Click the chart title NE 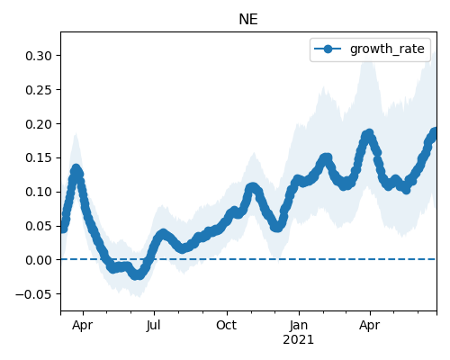coord(248,20)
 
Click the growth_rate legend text coord(387,49)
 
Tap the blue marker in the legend coord(328,49)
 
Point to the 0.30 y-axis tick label coord(39,56)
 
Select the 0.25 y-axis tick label coord(39,90)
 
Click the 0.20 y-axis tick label coord(39,124)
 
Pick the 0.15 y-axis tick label coord(39,157)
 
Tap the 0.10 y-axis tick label coord(39,192)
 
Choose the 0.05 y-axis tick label coord(39,226)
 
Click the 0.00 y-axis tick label coord(39,260)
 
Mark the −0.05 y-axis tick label coord(33,294)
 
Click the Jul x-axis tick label coord(154,325)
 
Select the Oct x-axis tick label coord(227,325)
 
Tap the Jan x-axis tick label coord(299,325)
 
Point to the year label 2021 coord(299,340)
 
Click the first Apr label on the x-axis coord(82,326)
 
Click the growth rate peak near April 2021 coord(368,133)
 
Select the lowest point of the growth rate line coord(138,274)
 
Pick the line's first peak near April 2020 coord(76,169)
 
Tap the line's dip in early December coord(277,227)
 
